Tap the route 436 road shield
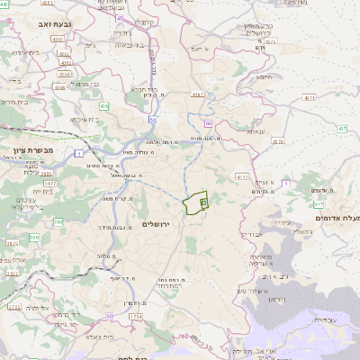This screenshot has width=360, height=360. click(x=104, y=106)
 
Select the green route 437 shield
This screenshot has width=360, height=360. click(x=341, y=129)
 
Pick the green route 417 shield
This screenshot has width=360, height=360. click(x=319, y=204)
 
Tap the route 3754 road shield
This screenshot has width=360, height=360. click(x=135, y=317)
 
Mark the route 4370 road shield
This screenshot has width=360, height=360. click(x=242, y=177)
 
